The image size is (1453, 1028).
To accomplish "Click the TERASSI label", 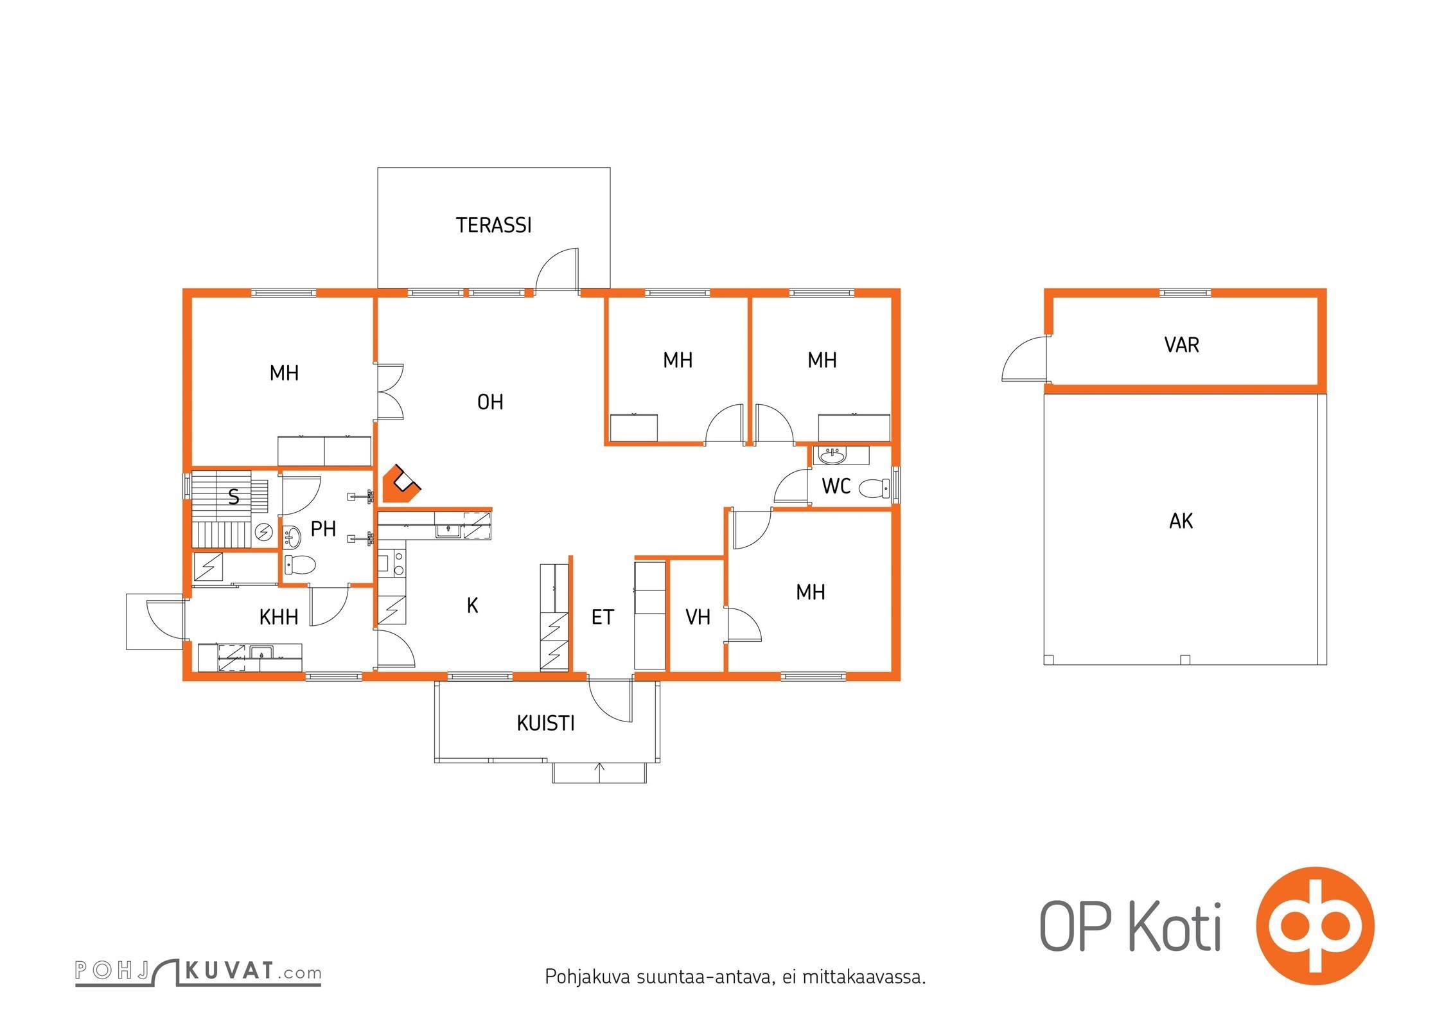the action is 493,226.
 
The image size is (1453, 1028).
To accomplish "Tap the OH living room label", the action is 490,402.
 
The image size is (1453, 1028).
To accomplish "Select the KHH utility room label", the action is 279,617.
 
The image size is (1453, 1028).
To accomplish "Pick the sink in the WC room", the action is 833,456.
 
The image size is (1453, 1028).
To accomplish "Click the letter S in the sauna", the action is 234,497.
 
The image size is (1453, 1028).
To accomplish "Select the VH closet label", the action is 698,617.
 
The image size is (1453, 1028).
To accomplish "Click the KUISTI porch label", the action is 545,723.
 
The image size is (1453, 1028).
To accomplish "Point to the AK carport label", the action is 1181,521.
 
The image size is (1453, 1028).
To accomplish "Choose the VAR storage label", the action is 1181,345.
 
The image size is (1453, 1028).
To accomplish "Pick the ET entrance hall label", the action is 603,617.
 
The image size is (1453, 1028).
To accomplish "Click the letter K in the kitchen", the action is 472,605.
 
